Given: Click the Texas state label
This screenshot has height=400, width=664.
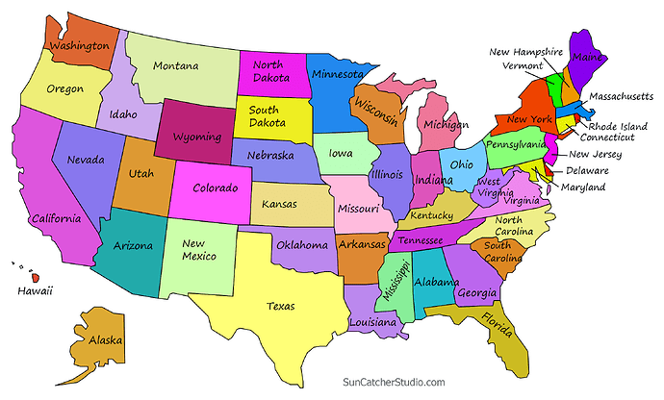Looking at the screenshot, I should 280,307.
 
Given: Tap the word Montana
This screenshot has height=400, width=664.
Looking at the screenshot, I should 176,66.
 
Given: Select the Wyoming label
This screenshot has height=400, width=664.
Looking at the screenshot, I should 197,137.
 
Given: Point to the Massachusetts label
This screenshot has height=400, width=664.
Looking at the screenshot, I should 621,97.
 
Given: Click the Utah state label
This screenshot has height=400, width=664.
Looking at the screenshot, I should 140,174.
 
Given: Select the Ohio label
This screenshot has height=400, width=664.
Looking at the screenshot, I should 462,164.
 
